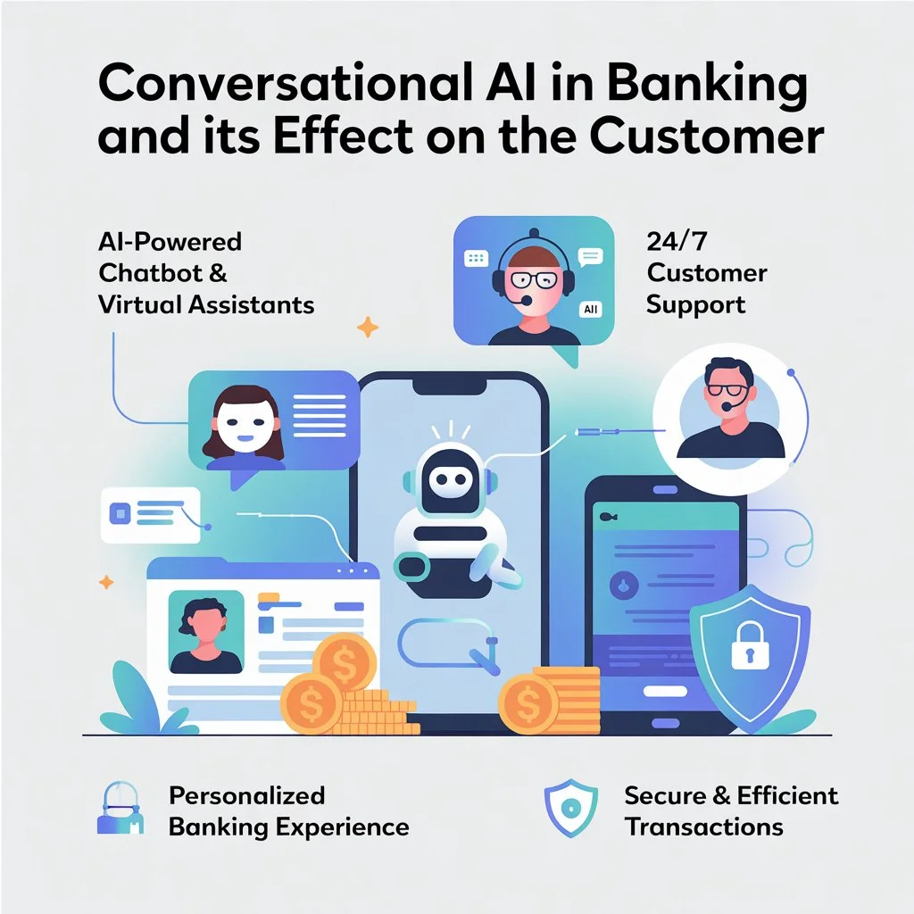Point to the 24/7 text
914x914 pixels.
coord(677,241)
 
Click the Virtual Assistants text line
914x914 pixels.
coord(206,305)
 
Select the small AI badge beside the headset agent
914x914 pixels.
coord(591,309)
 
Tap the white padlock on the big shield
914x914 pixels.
coord(750,644)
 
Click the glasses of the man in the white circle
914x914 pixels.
coord(727,390)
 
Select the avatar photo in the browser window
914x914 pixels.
coord(206,632)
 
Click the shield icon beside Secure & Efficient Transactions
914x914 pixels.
coord(570,808)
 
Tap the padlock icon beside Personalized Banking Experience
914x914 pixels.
coord(120,808)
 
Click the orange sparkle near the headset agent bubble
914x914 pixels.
coord(367,327)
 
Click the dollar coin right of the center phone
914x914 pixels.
coord(528,704)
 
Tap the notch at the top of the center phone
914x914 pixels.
coord(450,384)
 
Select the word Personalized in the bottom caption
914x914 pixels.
coord(246,796)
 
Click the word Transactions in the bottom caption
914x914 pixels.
coord(703,827)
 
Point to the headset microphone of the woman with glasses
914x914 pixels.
coord(525,301)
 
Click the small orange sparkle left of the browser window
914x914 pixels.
coord(106,582)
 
